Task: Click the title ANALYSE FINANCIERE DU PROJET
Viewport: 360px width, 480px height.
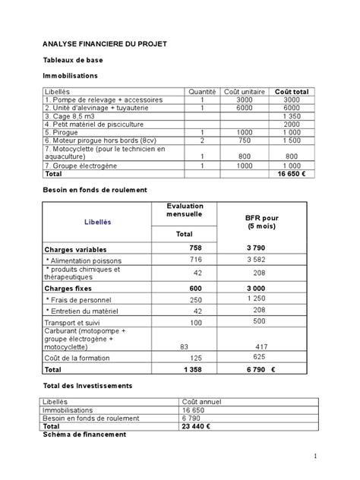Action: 104,45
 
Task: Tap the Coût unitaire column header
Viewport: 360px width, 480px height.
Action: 245,91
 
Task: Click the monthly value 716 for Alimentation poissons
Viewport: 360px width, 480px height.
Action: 197,261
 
